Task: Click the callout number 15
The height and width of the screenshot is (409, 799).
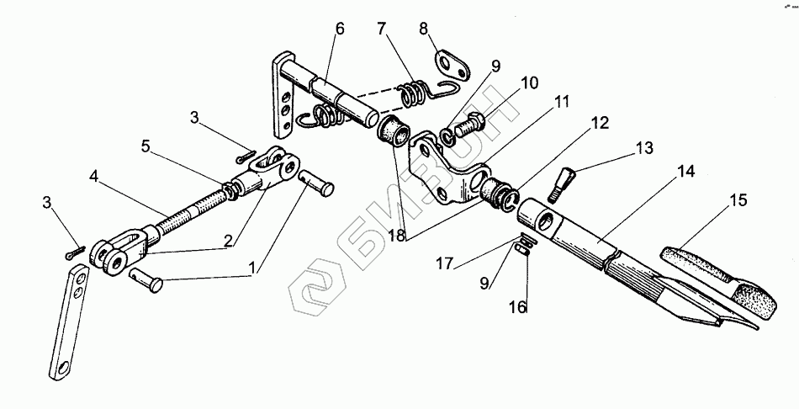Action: point(737,202)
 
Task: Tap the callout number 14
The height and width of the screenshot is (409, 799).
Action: point(686,172)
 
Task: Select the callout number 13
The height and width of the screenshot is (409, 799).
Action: point(644,147)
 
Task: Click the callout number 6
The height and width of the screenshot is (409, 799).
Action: point(339,28)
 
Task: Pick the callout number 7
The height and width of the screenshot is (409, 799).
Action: point(383,29)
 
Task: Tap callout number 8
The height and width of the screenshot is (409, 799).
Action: point(422,28)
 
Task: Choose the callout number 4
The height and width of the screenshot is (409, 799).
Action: point(93,177)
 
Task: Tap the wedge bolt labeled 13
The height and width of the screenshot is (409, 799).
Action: point(562,181)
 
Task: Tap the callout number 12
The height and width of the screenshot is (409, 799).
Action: point(599,123)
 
